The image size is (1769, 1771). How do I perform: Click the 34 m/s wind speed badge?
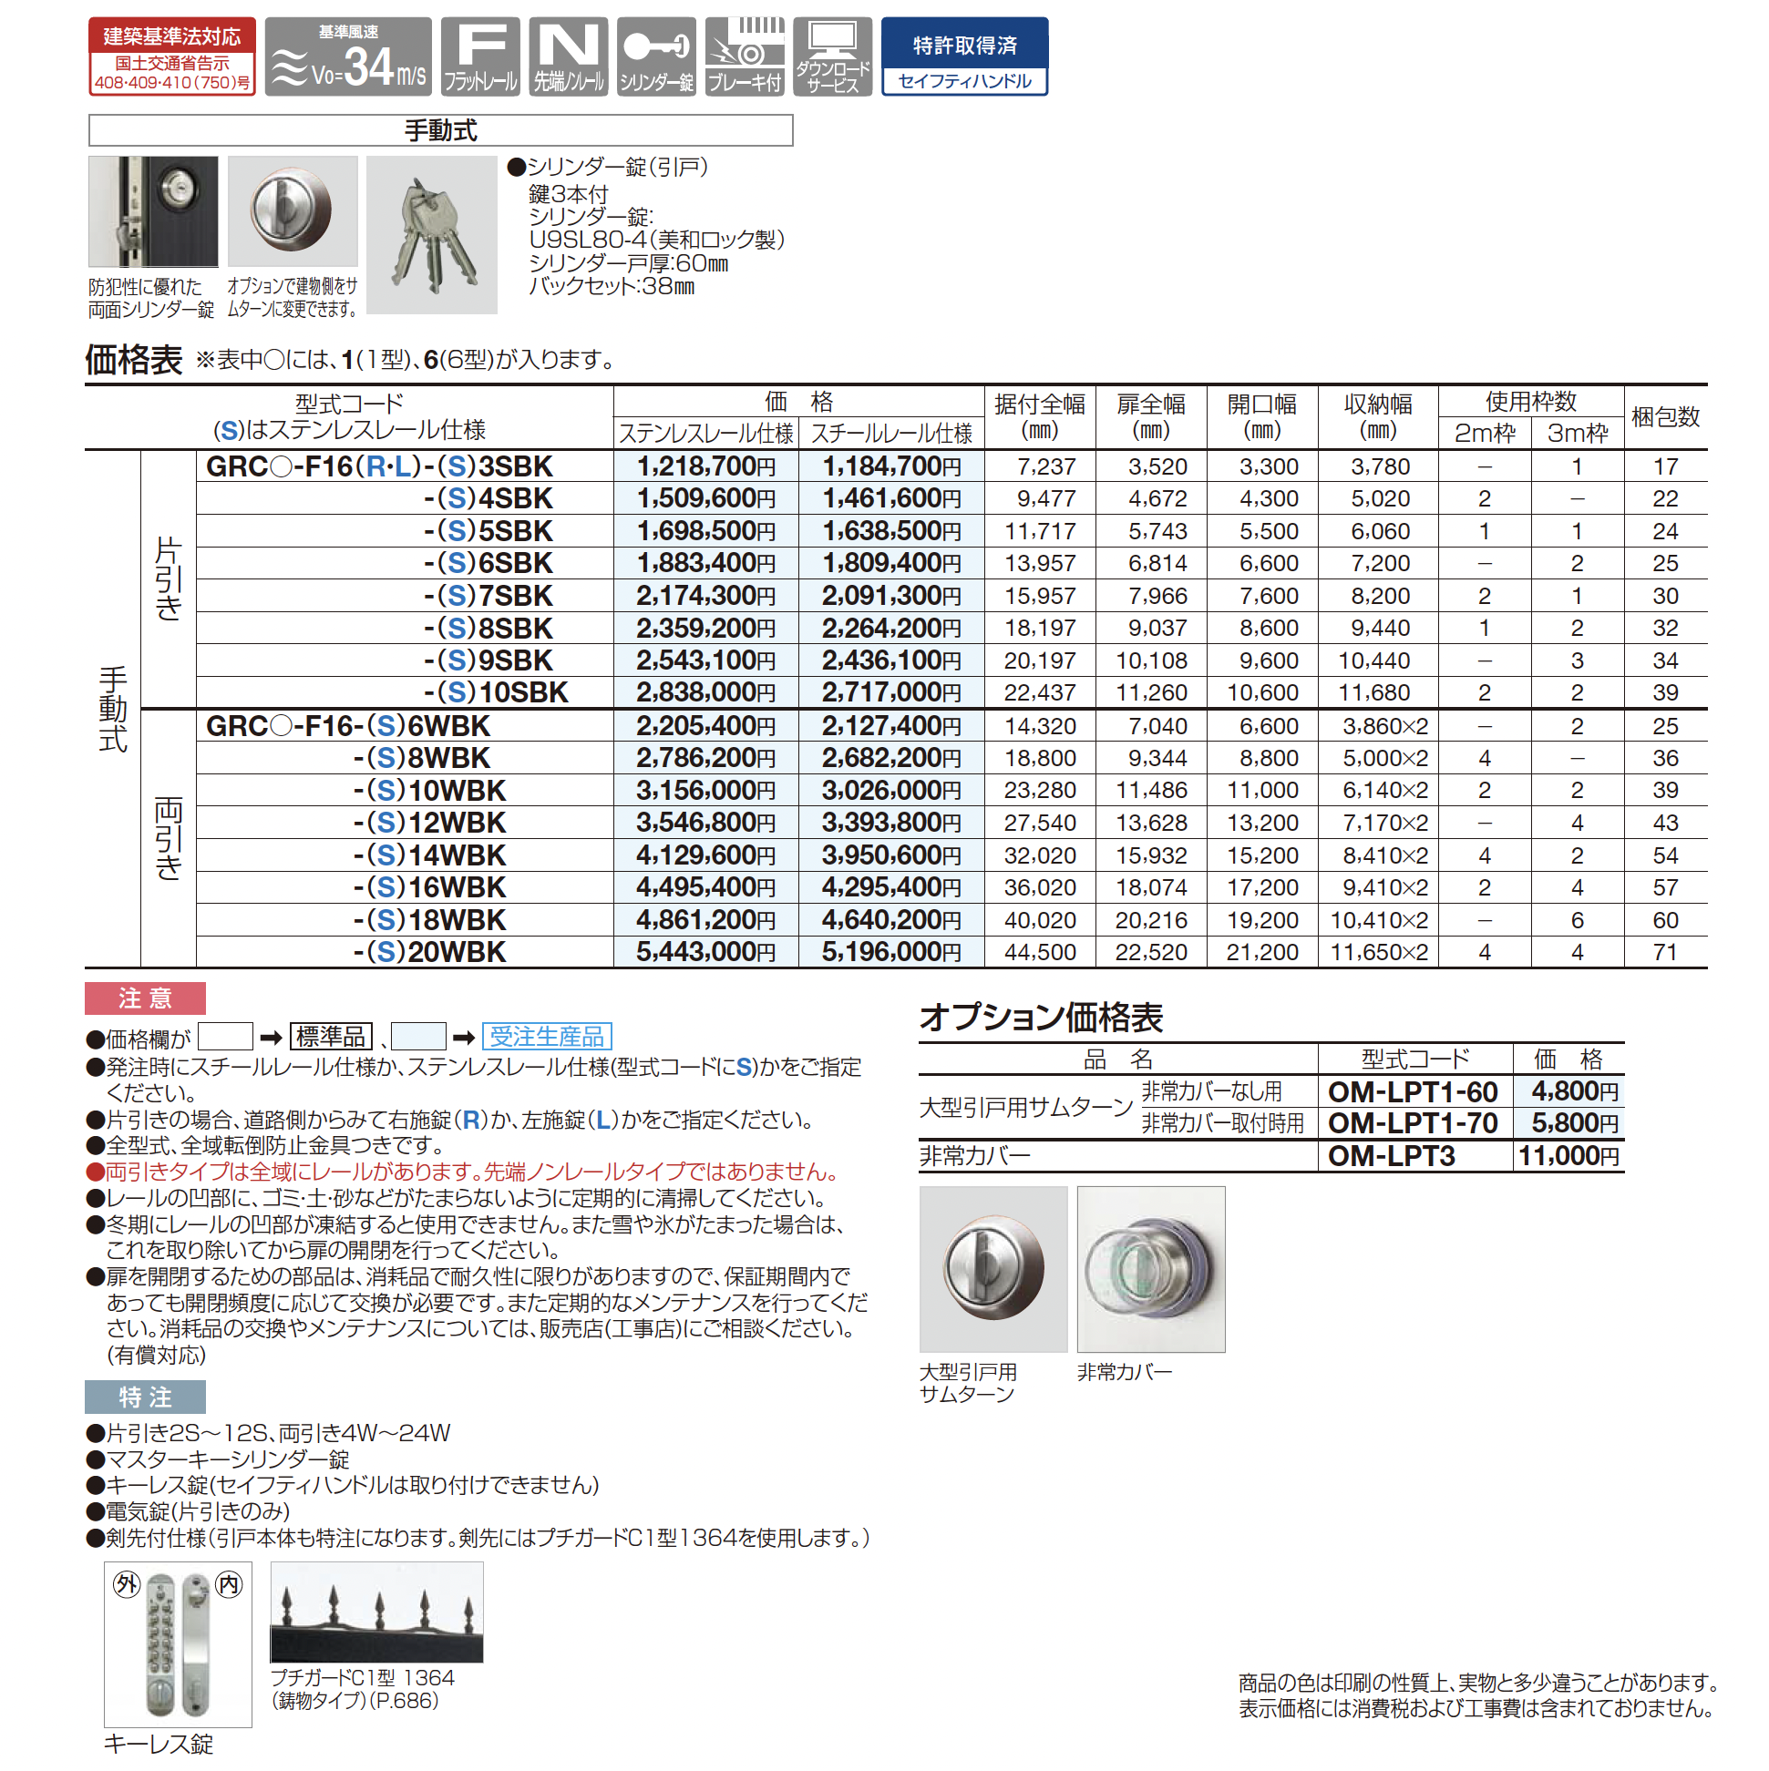(347, 56)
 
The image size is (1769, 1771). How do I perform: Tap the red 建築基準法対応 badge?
(171, 56)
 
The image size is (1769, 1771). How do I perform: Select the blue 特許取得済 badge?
(964, 56)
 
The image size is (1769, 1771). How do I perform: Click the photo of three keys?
(431, 236)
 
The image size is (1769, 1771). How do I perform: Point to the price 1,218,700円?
(705, 466)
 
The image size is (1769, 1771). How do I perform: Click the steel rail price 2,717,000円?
(890, 693)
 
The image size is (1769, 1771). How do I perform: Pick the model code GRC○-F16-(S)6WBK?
(348, 727)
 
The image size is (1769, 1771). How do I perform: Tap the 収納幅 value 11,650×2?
(1378, 952)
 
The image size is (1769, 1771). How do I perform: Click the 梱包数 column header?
(1664, 418)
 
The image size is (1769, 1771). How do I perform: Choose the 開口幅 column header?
(1262, 417)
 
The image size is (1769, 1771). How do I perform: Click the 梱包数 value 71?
(1664, 952)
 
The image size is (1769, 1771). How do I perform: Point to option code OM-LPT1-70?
(1413, 1124)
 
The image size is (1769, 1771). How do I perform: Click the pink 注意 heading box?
(145, 998)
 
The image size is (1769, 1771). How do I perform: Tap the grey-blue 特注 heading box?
(145, 1397)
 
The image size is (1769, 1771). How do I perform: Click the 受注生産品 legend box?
(547, 1037)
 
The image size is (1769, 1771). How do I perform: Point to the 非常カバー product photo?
(1150, 1269)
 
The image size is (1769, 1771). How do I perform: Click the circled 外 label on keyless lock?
(126, 1583)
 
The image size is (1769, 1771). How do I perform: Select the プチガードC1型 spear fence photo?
(376, 1612)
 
